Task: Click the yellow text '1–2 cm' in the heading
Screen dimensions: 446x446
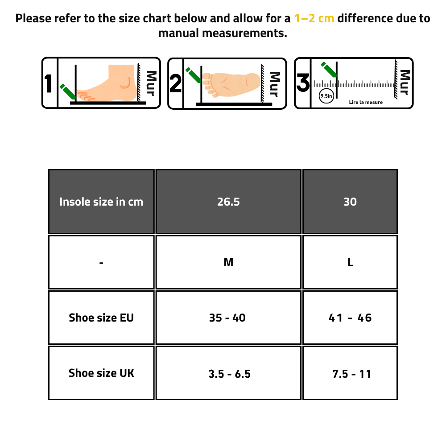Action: coord(314,18)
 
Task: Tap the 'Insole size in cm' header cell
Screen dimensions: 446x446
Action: coord(101,202)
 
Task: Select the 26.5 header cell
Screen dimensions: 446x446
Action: coord(228,202)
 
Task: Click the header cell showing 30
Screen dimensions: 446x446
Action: coord(350,202)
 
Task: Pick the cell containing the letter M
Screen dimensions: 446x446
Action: coord(228,262)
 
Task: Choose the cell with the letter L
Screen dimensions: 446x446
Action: coord(350,262)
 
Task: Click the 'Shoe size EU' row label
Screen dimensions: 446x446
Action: coord(101,318)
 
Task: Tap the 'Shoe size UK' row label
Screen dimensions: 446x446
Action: coord(101,373)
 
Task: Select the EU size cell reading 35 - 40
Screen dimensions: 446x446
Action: coord(228,318)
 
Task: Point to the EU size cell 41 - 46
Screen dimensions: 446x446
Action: coord(350,318)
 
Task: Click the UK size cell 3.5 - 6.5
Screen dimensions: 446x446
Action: coord(228,373)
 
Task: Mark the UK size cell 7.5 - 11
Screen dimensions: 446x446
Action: coord(350,373)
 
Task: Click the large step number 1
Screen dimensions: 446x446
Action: coord(48,83)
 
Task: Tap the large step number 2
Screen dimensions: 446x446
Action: coord(175,83)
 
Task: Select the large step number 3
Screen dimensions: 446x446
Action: coord(303,83)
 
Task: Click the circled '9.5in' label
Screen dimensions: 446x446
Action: coord(326,96)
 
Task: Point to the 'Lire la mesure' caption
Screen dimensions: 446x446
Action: coord(366,103)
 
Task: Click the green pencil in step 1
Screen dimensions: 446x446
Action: coord(68,92)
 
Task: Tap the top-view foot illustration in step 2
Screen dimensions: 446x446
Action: coord(231,84)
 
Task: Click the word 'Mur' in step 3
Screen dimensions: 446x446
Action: coord(405,82)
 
